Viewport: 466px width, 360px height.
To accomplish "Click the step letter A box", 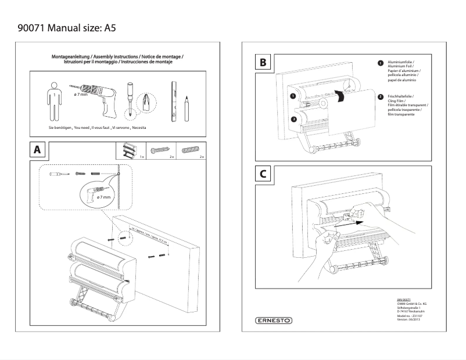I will tap(37, 150).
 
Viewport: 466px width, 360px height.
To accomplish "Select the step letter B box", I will tap(264, 62).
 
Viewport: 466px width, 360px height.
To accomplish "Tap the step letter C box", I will tap(264, 173).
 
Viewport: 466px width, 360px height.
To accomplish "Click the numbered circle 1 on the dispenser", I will tap(293, 95).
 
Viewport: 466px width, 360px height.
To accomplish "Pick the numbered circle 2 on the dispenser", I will tap(294, 119).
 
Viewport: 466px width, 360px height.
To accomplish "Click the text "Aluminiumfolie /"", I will tap(400, 61).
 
